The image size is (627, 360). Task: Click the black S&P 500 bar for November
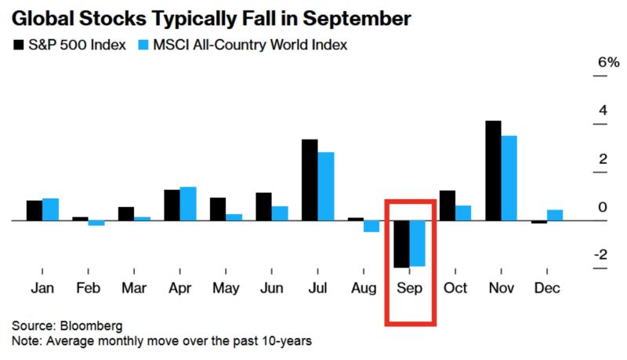tap(493, 170)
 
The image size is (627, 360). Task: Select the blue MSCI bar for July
tap(326, 186)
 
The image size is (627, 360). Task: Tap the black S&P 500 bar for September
tap(401, 244)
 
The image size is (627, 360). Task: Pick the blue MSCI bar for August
tap(371, 227)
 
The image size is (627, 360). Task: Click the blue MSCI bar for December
tap(554, 216)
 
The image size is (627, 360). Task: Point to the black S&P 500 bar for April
tap(172, 205)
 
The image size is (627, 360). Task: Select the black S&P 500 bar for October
tap(448, 205)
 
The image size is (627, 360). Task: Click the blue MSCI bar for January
tap(50, 209)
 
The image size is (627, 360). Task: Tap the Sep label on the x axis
tap(409, 288)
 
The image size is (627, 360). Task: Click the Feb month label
tap(88, 288)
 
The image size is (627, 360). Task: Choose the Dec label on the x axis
tap(546, 288)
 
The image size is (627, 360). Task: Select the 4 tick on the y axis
tap(602, 111)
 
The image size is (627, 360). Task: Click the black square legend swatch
tap(18, 45)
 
